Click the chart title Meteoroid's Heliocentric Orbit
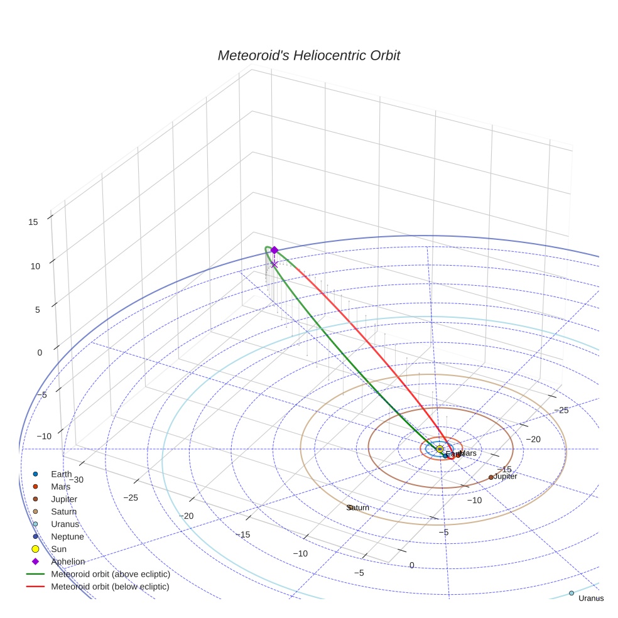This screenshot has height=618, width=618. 308,56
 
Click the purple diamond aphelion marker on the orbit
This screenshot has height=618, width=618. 274,250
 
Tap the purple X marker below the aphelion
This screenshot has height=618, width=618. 274,264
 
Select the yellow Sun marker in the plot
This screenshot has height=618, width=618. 440,448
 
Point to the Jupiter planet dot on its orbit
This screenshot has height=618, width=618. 491,477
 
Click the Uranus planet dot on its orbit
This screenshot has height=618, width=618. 571,593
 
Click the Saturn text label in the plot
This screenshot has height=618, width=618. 358,507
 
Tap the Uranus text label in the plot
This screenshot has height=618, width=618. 590,599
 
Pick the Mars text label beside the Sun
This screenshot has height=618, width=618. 469,453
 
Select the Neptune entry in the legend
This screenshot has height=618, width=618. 67,536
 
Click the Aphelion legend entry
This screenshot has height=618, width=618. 68,561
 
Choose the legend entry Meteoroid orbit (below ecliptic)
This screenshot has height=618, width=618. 110,587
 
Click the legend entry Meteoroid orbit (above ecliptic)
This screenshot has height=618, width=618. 111,574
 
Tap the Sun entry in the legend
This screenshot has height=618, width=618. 58,549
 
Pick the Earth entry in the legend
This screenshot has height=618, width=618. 62,474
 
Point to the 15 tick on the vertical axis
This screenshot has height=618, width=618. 33,221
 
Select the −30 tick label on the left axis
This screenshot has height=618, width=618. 76,479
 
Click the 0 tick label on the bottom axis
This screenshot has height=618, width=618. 412,565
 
